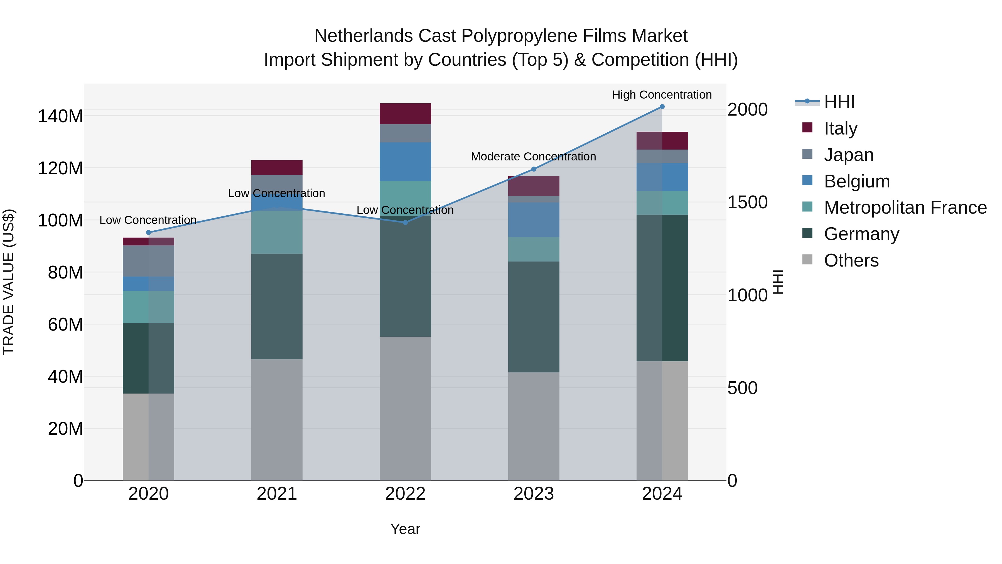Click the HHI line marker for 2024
coord(662,107)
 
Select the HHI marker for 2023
coord(534,169)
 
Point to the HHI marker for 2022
coord(405,222)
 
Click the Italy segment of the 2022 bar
coord(405,114)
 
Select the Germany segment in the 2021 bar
coord(277,306)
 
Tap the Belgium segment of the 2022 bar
coord(405,162)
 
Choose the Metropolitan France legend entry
coord(905,207)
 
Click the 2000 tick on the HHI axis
coord(747,110)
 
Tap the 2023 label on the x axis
coord(534,494)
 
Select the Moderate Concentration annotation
coord(533,157)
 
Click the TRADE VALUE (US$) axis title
coord(9,282)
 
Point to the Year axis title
coord(405,529)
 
